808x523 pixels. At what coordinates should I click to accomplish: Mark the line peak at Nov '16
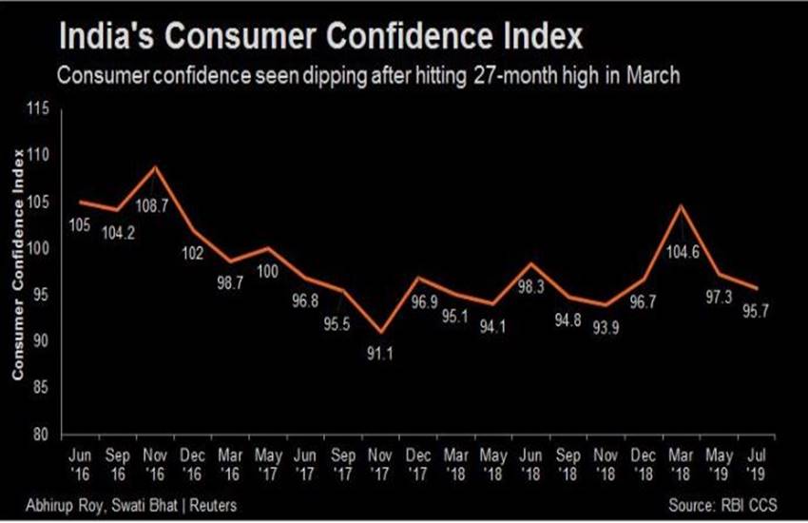[x=155, y=167]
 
